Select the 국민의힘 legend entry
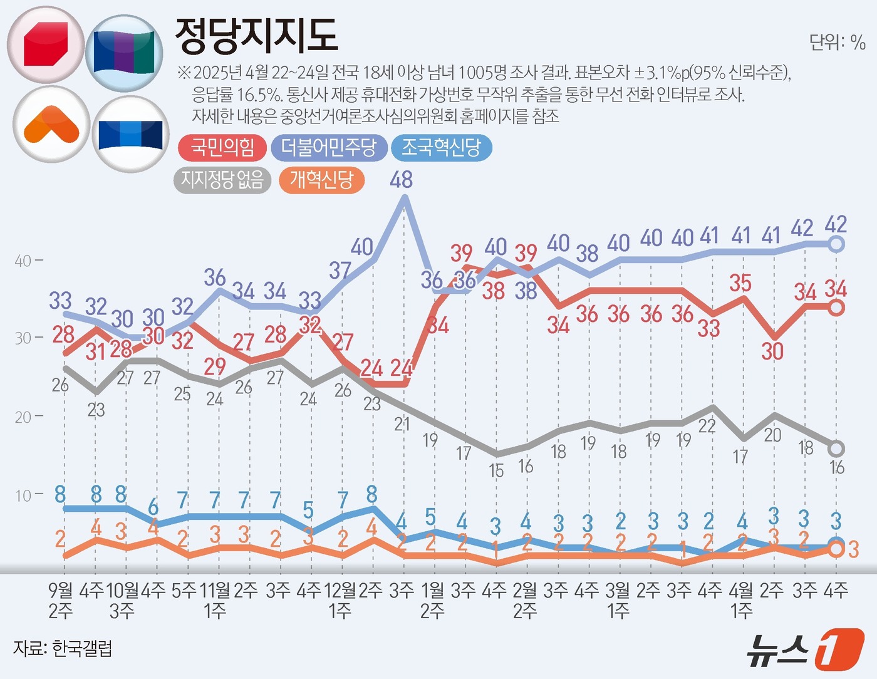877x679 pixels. (x=222, y=148)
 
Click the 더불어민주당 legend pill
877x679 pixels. (x=329, y=148)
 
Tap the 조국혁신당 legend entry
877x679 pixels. (x=441, y=148)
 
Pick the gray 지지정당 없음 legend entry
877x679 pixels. (x=222, y=180)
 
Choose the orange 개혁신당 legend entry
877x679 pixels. (x=321, y=180)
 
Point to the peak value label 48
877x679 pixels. (x=401, y=180)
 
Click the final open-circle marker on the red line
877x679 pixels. (x=836, y=308)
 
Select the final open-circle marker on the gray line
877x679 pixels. (x=836, y=448)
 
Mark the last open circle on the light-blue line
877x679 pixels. (x=836, y=244)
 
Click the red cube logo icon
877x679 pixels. (x=46, y=44)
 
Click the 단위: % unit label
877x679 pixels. (x=837, y=42)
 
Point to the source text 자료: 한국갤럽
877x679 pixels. (x=63, y=648)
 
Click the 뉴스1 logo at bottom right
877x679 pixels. (x=805, y=649)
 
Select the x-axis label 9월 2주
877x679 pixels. (x=61, y=599)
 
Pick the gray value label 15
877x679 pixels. (x=496, y=470)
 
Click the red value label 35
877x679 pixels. (x=740, y=283)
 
